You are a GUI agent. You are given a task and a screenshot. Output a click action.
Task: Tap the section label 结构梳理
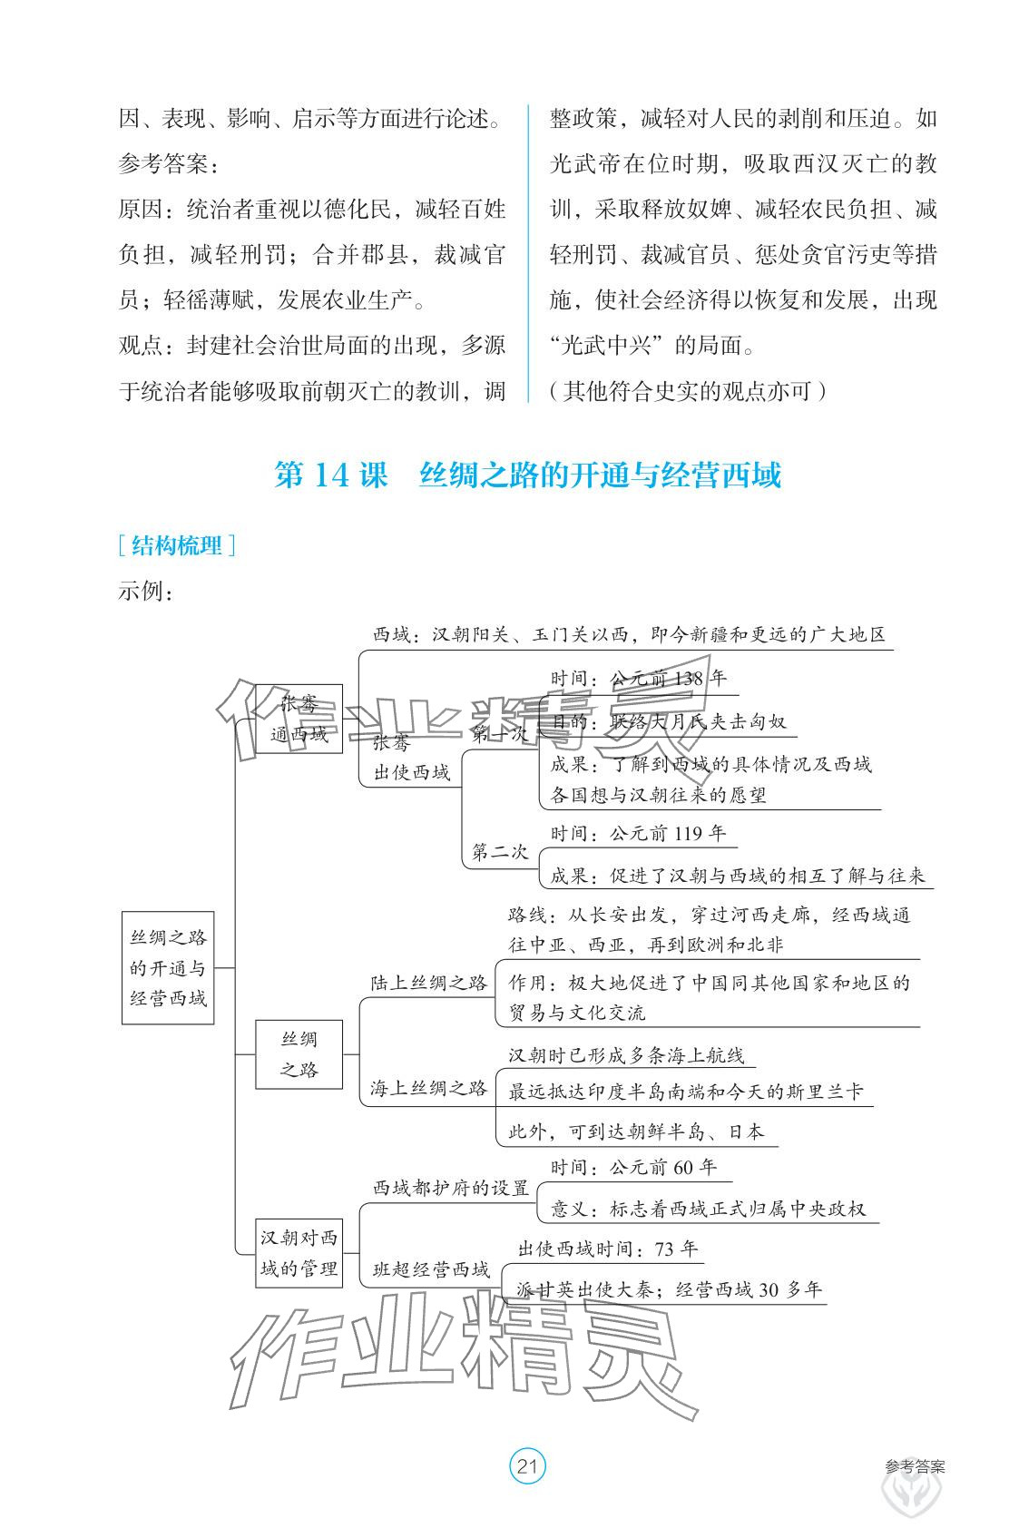click(x=177, y=545)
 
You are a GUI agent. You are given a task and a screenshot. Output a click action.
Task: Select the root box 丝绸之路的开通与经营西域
click(x=168, y=967)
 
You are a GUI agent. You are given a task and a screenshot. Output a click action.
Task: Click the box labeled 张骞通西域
click(x=299, y=719)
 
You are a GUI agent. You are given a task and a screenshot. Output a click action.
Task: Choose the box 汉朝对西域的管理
click(x=299, y=1253)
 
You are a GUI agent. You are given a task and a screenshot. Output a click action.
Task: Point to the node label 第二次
click(x=499, y=851)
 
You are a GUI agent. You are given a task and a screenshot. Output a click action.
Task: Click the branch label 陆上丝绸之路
click(x=428, y=982)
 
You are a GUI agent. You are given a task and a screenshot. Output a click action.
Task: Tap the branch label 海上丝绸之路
click(x=428, y=1087)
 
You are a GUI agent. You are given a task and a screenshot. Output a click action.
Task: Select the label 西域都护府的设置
click(x=451, y=1188)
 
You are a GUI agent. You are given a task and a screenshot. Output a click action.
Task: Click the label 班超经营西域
click(x=431, y=1269)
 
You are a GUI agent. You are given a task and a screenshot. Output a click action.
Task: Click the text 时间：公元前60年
click(x=632, y=1167)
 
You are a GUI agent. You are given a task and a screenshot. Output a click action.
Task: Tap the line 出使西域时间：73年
click(x=607, y=1249)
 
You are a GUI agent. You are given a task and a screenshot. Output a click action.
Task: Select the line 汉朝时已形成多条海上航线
click(x=626, y=1055)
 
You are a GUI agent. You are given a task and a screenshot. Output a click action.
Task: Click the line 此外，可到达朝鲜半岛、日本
click(x=635, y=1131)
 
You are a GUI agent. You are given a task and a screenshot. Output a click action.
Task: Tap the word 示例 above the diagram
click(x=144, y=591)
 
